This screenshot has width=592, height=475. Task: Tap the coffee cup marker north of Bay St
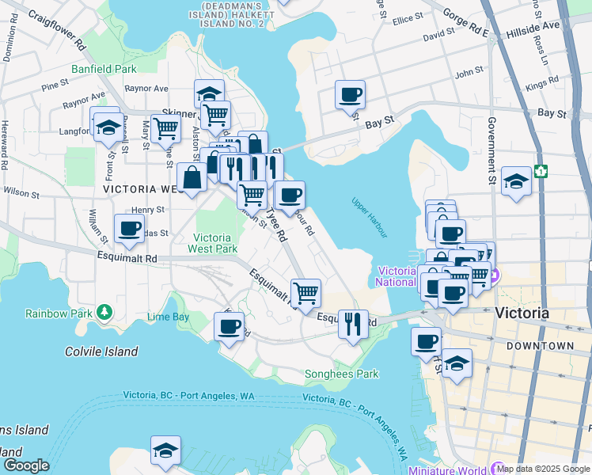tap(350, 96)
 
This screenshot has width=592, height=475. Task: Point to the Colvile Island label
tap(101, 351)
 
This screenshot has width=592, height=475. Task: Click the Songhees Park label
tap(342, 374)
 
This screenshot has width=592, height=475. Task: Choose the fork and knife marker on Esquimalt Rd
tap(353, 323)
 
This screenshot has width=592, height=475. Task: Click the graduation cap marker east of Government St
tap(516, 183)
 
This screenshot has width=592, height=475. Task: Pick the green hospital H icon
tap(541, 170)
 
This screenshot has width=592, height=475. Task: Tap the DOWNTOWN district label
tap(540, 346)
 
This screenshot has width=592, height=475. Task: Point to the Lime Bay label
tap(168, 317)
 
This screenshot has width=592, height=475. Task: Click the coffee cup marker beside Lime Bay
tap(230, 326)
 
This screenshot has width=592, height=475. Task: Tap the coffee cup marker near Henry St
tap(130, 230)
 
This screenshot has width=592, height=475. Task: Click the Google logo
tap(25, 465)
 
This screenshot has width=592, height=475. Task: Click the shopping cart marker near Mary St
tap(165, 127)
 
